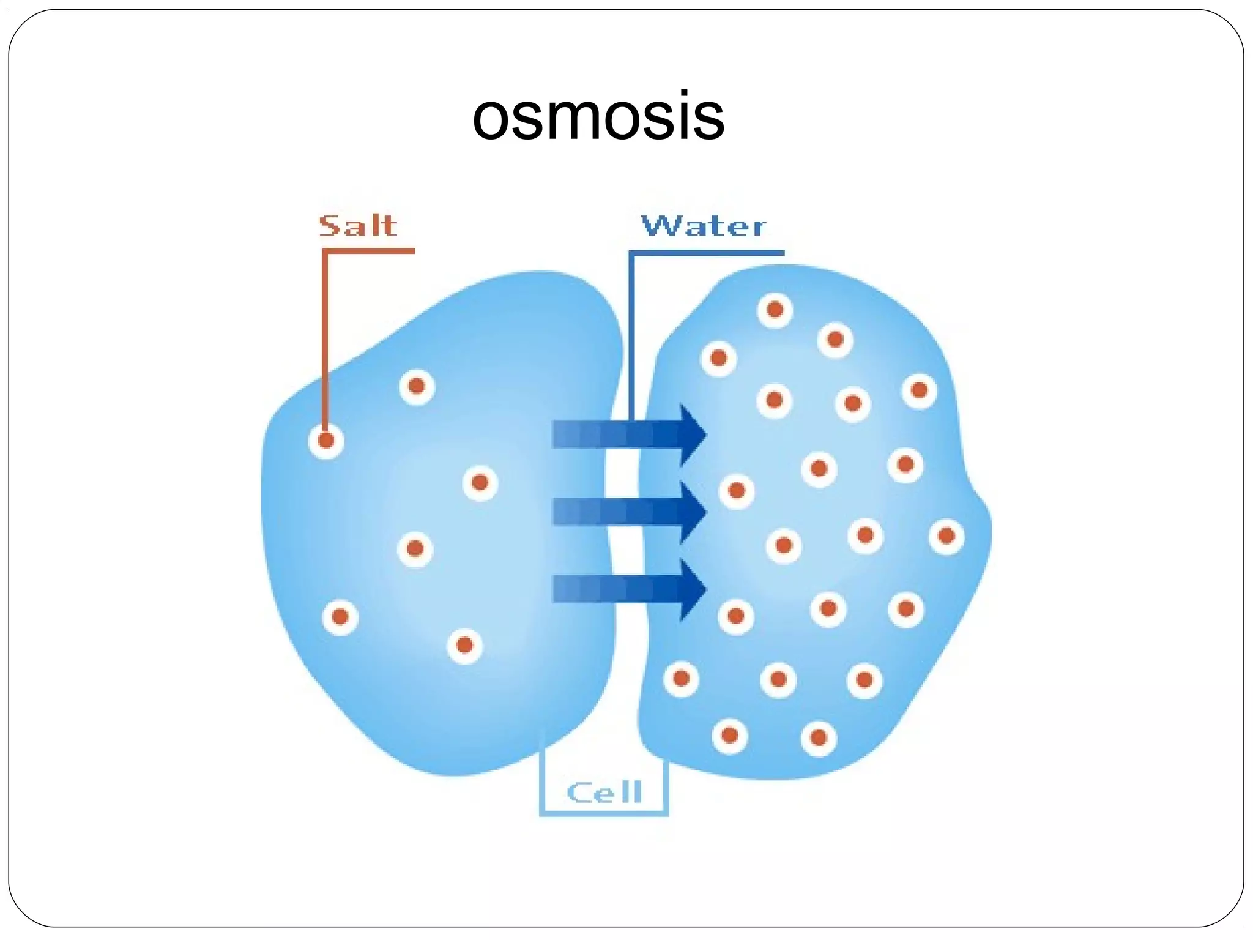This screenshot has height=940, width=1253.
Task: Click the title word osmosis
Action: pyautogui.click(x=598, y=116)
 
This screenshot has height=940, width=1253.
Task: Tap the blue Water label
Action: pyautogui.click(x=703, y=226)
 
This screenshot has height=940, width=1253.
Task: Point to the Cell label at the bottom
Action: pyautogui.click(x=604, y=793)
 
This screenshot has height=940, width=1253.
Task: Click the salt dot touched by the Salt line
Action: pyautogui.click(x=326, y=440)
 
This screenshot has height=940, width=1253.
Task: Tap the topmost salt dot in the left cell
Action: pyautogui.click(x=417, y=386)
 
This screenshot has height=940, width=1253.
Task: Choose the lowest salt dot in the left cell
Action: pyautogui.click(x=464, y=645)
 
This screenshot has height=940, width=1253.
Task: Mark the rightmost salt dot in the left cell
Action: pyautogui.click(x=480, y=483)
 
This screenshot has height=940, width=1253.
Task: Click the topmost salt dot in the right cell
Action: pyautogui.click(x=775, y=310)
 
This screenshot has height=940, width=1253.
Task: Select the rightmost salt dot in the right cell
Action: pyautogui.click(x=946, y=537)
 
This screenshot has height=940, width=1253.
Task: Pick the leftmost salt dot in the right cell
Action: pyautogui.click(x=681, y=678)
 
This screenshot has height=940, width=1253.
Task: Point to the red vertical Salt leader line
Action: pyautogui.click(x=325, y=337)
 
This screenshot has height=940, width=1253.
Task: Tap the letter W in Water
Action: pyautogui.click(x=660, y=226)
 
